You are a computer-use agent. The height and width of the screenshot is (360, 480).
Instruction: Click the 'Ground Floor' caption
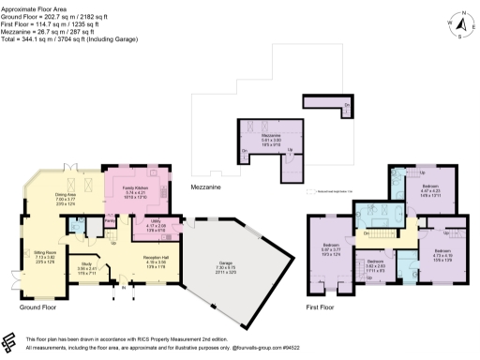click(x=37, y=306)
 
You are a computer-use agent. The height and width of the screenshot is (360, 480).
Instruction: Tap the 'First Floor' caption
click(x=320, y=306)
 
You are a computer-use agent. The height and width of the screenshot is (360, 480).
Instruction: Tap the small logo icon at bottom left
click(x=9, y=340)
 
